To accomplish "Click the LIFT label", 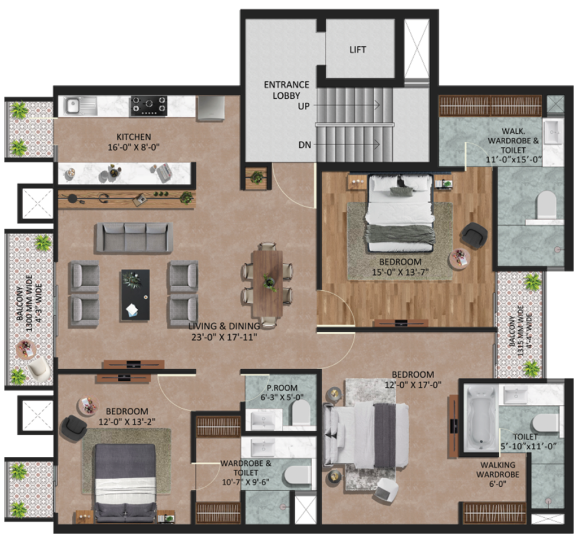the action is coord(357,50).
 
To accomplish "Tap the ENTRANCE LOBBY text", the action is coord(286,90).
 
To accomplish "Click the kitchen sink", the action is coord(81,106).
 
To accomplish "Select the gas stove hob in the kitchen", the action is coord(148,106).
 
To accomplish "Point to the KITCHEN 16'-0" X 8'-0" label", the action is coord(133,142).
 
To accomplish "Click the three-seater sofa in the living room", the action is coord(134,237).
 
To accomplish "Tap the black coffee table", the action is coord(135,295).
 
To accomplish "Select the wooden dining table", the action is coord(268,284).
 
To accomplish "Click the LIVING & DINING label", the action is coord(224,326).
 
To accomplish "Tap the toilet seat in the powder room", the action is coord(301,412).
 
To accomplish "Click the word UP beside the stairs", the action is coord(303,106).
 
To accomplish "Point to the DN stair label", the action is coord(304,145).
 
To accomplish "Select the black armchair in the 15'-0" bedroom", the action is coord(474,235).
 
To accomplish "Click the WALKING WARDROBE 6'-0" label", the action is coord(498,474).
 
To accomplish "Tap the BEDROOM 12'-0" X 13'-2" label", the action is coord(127,416).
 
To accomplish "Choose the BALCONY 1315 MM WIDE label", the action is coord(520,331).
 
